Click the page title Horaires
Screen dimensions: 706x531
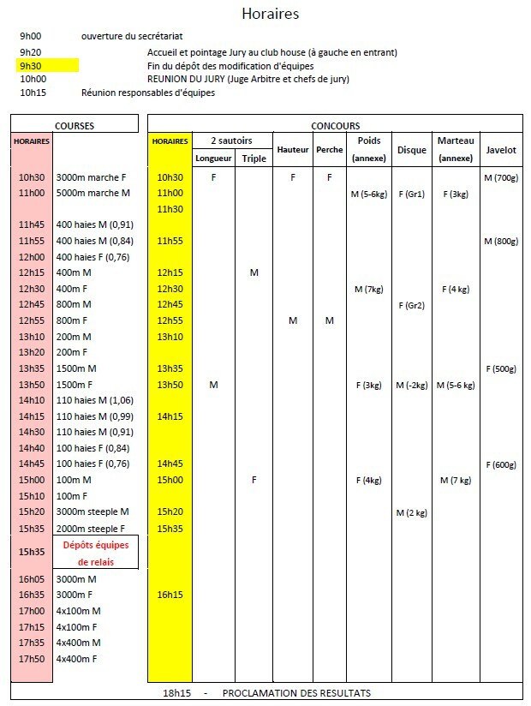(270, 14)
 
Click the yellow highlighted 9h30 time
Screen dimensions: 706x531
(32, 65)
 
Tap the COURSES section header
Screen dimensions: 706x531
(75, 125)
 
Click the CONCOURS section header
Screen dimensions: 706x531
(336, 125)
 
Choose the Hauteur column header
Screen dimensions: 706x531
(293, 149)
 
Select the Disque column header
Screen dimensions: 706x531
(411, 149)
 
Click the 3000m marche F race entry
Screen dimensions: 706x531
(91, 177)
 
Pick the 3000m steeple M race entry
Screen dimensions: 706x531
(92, 512)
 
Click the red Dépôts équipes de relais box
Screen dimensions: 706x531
(96, 553)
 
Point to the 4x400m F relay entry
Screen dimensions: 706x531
(77, 658)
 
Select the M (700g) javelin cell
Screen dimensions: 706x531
(500, 177)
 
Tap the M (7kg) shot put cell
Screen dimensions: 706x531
(369, 289)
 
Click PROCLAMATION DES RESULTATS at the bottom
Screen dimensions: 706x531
(296, 692)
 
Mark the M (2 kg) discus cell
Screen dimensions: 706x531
(411, 512)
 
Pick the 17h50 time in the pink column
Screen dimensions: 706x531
(32, 658)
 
